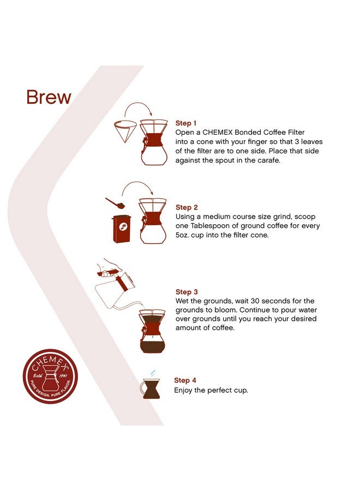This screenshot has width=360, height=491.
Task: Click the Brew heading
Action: point(49,97)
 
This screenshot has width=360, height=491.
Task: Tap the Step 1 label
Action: point(186,123)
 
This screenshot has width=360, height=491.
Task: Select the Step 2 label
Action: point(187,207)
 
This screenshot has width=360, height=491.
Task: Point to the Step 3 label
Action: point(187,292)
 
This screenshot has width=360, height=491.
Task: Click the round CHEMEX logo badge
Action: point(50,376)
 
